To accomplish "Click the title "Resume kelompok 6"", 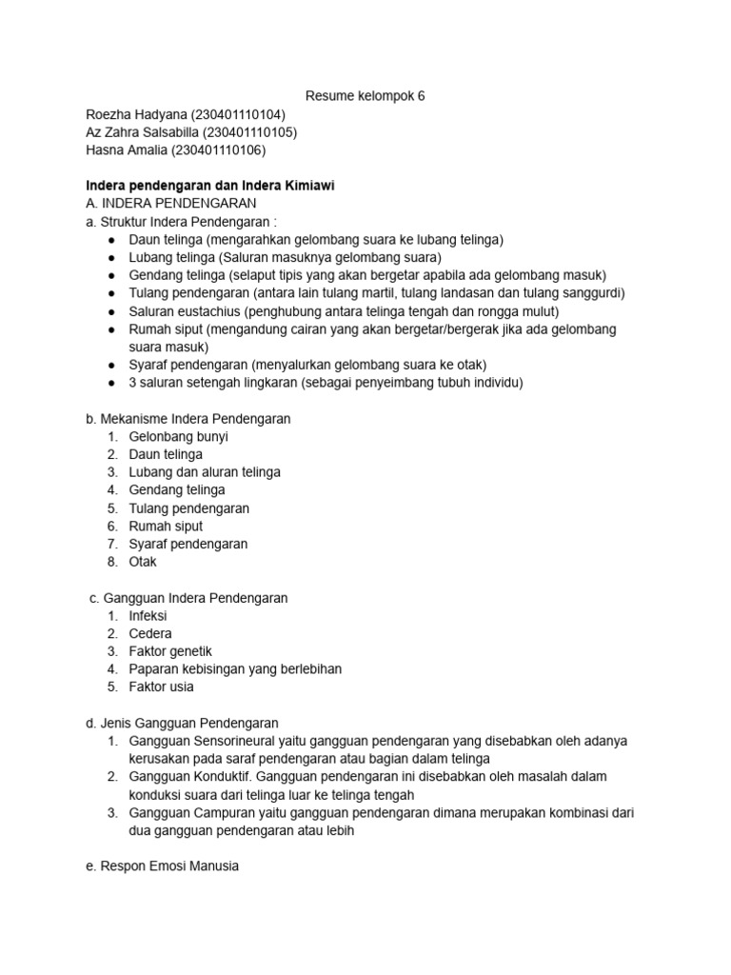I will (x=365, y=96).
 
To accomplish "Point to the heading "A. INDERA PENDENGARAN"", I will (x=170, y=204).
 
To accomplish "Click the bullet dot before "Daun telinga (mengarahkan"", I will (x=111, y=240).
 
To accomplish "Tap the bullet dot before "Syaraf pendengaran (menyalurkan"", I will (x=111, y=366).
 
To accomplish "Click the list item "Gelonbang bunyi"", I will (x=178, y=437).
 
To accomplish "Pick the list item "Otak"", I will (x=143, y=562).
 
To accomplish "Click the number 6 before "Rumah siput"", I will (x=111, y=527).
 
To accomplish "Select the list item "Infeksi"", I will (x=148, y=616).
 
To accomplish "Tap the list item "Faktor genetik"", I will (x=170, y=652).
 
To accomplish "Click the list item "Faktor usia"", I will (x=161, y=687).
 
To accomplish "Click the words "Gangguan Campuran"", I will (x=184, y=813).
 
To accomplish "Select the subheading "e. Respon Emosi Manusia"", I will (x=162, y=867).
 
